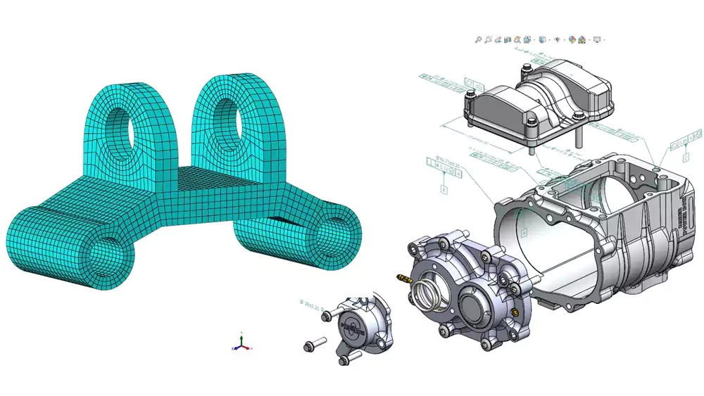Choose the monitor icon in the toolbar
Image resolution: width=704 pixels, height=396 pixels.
[597, 40]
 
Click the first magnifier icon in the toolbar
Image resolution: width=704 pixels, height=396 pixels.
[478, 40]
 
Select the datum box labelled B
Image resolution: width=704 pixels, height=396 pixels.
[444, 189]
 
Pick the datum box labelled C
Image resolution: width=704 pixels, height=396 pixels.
[685, 159]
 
